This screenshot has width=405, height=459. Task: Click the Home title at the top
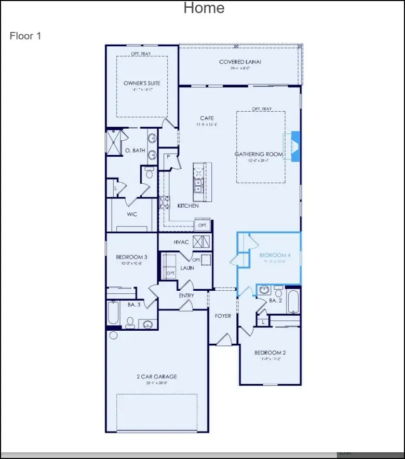pos(204,8)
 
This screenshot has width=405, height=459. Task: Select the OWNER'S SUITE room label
pos(142,83)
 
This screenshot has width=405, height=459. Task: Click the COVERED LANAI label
pos(240,62)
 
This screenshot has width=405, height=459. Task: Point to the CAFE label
pos(207,118)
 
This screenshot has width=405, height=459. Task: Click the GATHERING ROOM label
pos(259,154)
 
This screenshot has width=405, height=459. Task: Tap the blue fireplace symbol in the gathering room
pos(295,147)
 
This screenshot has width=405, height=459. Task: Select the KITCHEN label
pos(188,206)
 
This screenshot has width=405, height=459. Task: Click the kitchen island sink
pos(198,183)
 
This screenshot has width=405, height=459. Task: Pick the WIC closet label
pos(132,214)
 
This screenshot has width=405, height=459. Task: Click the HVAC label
pos(181,241)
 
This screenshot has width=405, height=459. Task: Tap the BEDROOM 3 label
pos(131,257)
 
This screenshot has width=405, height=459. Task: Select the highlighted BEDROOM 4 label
pos(275,255)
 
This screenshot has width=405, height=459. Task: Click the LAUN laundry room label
pos(187,268)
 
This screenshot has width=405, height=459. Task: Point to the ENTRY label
pos(186,295)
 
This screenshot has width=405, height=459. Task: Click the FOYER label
pos(223,316)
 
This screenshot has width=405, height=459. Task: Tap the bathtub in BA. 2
pos(293,302)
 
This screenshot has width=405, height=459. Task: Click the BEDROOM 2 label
pos(270,353)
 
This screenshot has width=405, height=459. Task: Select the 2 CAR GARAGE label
pos(157,376)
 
